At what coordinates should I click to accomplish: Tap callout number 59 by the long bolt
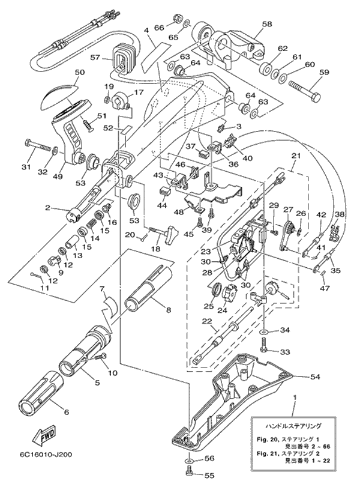coord(324,73)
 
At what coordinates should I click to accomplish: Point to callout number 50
coord(80,72)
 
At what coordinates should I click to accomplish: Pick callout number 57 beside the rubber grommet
coord(96,58)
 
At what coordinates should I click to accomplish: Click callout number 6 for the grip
coord(66,412)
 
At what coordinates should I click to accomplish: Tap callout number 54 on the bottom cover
coord(314,377)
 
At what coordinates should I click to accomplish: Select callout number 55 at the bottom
coord(209,476)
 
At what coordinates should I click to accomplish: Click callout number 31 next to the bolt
coord(26,167)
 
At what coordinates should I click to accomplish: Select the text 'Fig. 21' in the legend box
coord(266,453)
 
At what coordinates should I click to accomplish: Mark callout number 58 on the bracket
coord(267,24)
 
